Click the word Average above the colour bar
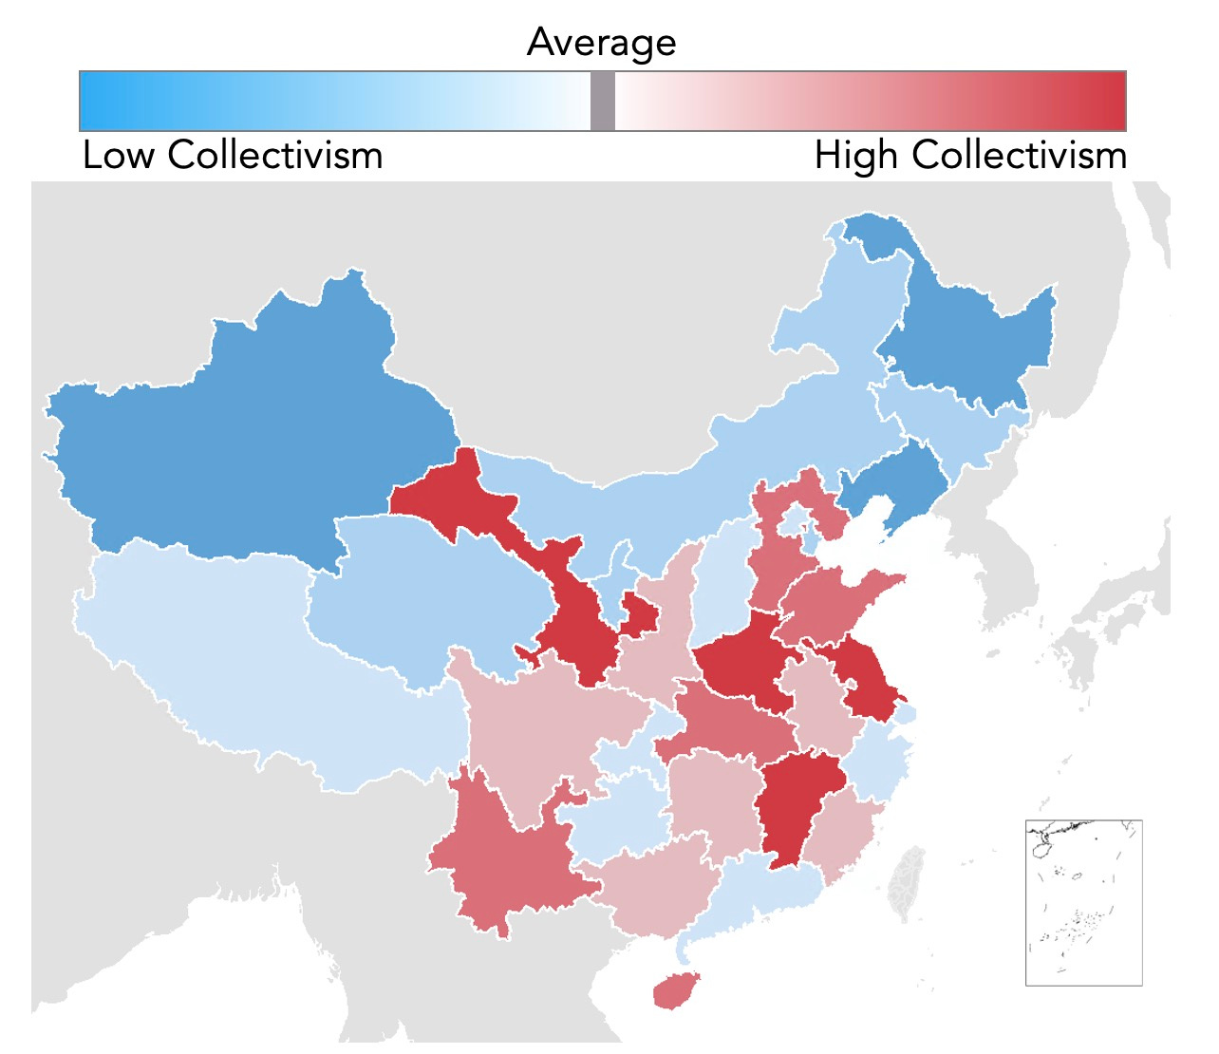(602, 43)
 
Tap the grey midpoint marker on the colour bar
(602, 101)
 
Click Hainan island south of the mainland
(675, 990)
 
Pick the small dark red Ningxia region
(639, 617)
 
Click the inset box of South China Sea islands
(1083, 903)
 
